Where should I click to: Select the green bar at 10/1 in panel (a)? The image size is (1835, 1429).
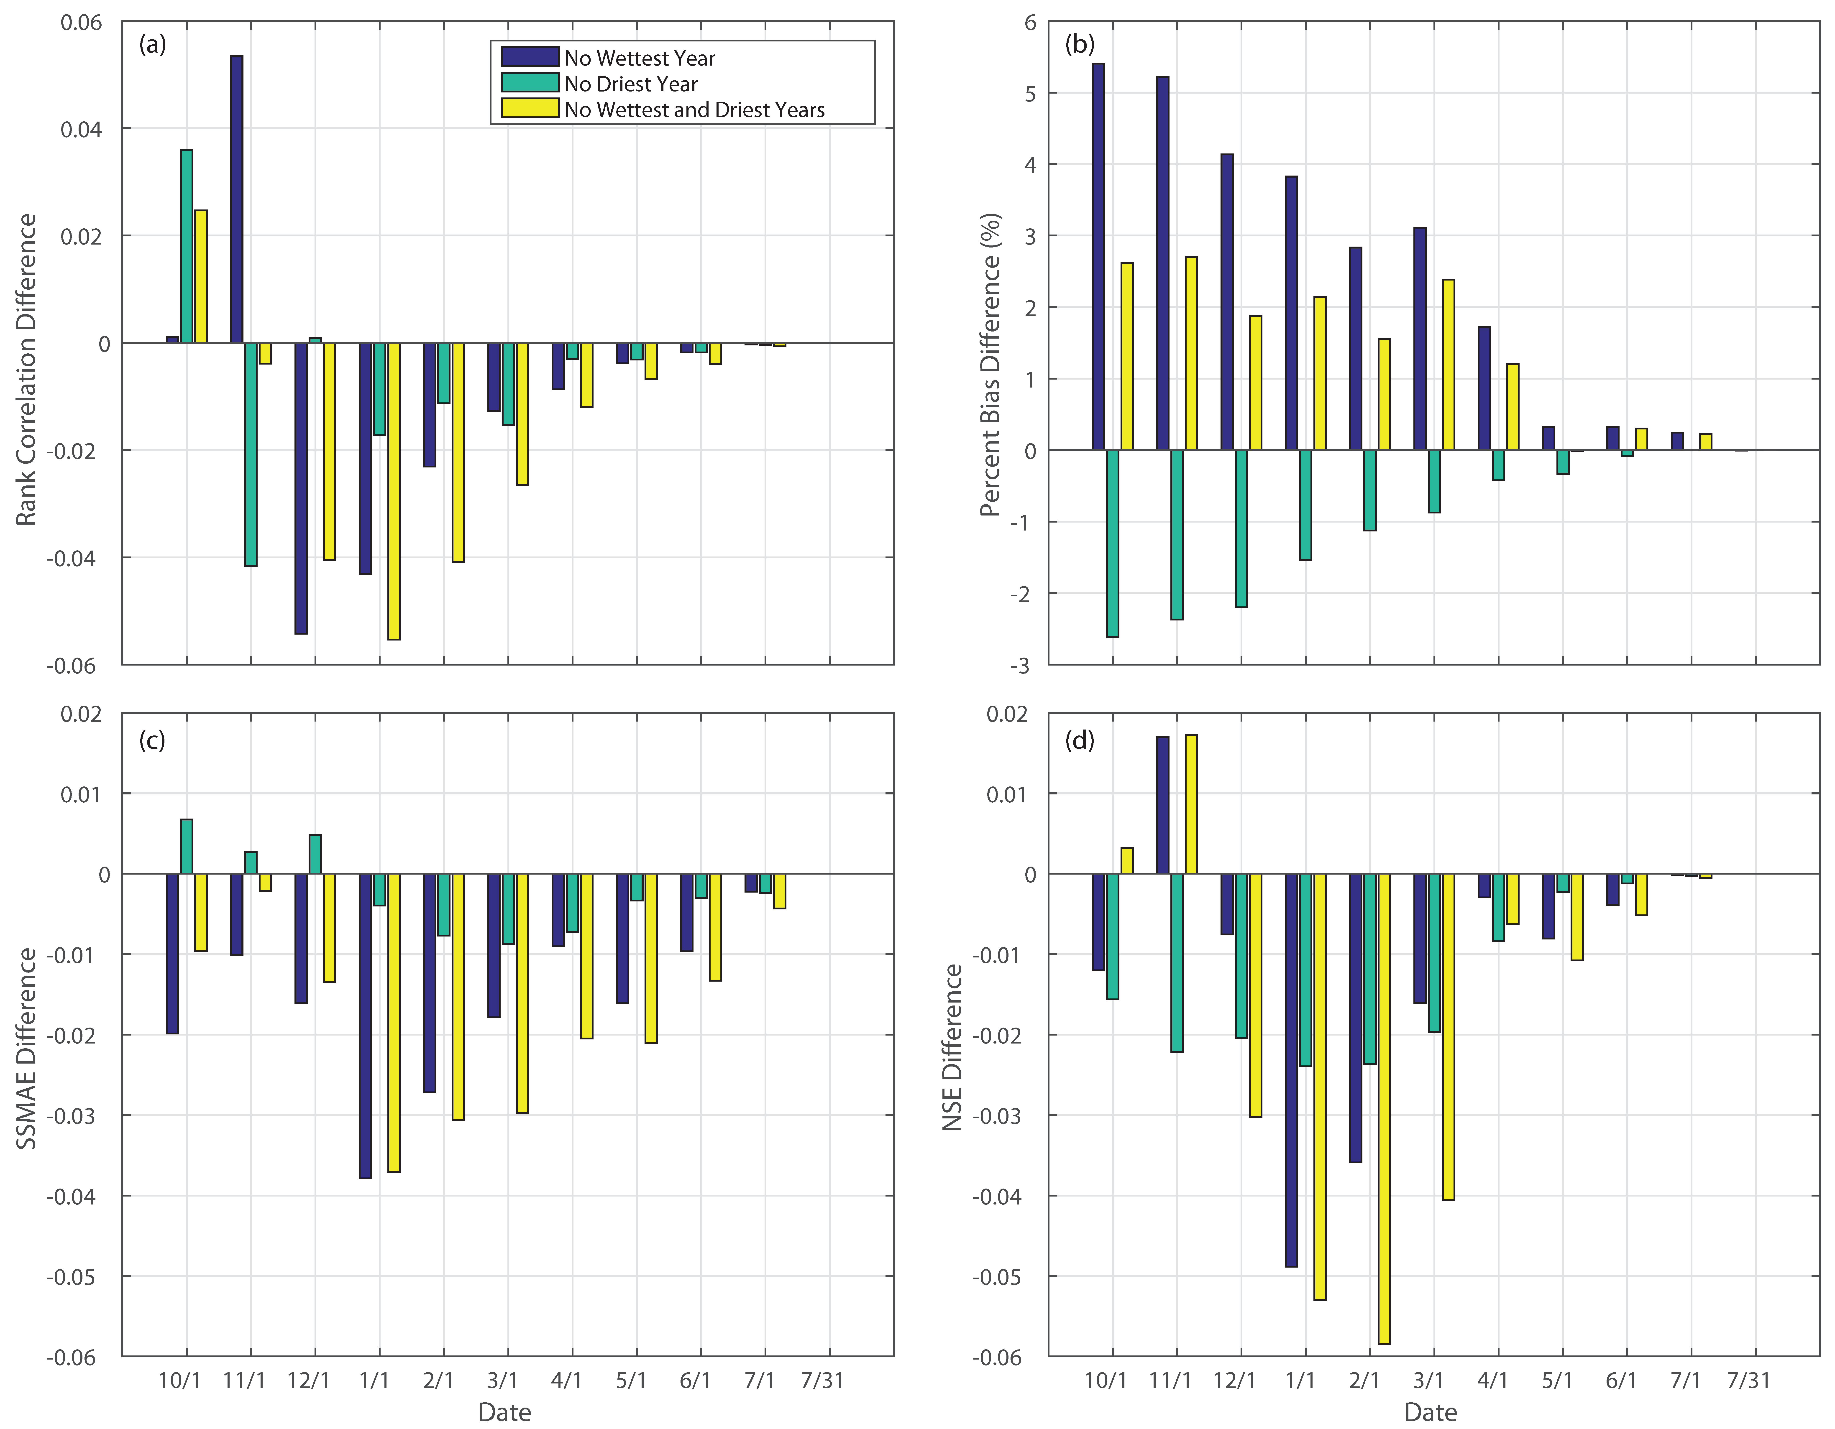click(187, 246)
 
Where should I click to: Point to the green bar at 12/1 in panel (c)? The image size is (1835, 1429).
click(315, 854)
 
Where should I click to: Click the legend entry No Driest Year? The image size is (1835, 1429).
click(630, 84)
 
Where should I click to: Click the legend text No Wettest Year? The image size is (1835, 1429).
click(639, 58)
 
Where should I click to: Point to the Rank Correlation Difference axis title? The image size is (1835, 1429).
click(27, 370)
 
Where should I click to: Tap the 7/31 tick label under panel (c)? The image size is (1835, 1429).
click(822, 1380)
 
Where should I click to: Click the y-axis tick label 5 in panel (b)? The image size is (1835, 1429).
click(1030, 93)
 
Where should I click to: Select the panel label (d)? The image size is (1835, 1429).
click(1080, 740)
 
